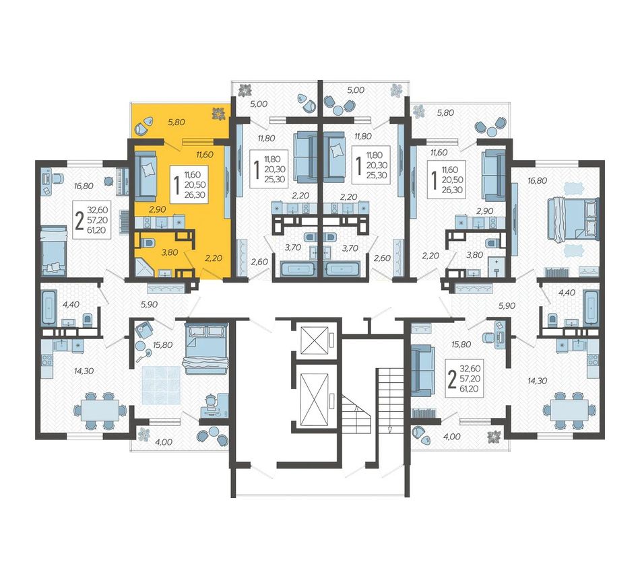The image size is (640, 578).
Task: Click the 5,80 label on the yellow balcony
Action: [x=177, y=122]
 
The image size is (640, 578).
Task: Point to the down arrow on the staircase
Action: [x=389, y=429]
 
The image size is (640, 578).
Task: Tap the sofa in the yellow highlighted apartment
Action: [x=146, y=176]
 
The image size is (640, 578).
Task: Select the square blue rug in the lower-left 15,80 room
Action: [x=161, y=385]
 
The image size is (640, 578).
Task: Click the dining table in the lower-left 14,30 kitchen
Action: [x=100, y=410]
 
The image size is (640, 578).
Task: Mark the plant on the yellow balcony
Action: [x=219, y=113]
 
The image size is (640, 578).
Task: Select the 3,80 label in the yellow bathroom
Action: [x=169, y=252]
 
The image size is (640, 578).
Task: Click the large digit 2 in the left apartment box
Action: [x=79, y=221]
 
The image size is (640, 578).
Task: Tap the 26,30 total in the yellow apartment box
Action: [x=195, y=194]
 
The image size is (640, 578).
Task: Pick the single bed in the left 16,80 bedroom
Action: [x=53, y=250]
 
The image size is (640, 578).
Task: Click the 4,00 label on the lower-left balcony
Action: [x=164, y=442]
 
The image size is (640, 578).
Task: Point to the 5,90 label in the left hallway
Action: [x=149, y=304]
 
